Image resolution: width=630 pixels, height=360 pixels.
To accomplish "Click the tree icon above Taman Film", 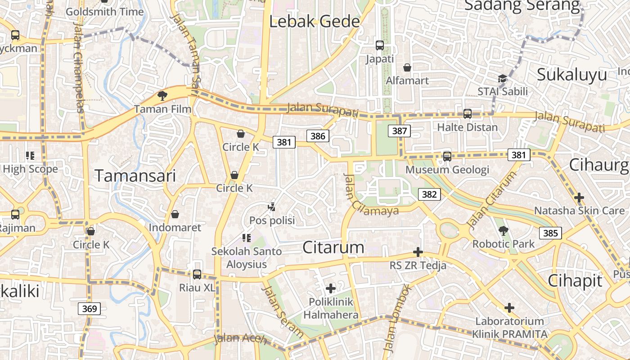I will click(x=162, y=95).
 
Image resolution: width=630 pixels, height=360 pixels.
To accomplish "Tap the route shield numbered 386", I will click(x=318, y=135).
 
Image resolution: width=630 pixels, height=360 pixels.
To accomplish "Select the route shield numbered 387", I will click(x=399, y=131).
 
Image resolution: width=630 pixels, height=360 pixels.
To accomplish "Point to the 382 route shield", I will click(x=429, y=194).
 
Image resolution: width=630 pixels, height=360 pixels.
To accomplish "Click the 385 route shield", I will click(x=550, y=233).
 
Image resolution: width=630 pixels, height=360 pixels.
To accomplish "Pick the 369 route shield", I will click(x=89, y=308).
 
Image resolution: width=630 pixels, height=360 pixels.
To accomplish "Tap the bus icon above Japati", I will click(x=380, y=45).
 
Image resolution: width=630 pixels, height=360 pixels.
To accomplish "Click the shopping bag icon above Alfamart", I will click(x=407, y=67).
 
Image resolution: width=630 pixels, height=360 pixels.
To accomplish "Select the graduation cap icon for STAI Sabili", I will click(x=502, y=79).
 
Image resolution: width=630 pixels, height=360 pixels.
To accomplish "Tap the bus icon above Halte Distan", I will click(x=468, y=114).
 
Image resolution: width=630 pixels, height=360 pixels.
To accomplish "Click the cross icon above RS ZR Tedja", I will click(x=418, y=252).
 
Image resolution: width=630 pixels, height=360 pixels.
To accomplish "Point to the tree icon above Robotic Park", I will click(x=503, y=231).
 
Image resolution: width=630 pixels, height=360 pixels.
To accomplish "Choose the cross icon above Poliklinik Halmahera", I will click(x=331, y=288).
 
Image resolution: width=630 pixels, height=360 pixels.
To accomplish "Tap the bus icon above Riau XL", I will click(x=197, y=274).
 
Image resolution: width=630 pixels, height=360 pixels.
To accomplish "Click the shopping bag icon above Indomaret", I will click(x=175, y=214).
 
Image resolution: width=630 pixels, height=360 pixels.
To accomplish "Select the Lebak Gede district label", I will click(x=315, y=22).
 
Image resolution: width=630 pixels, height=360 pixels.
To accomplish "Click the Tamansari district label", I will click(x=135, y=176).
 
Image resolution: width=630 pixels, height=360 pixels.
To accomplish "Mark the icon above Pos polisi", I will click(x=271, y=207).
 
